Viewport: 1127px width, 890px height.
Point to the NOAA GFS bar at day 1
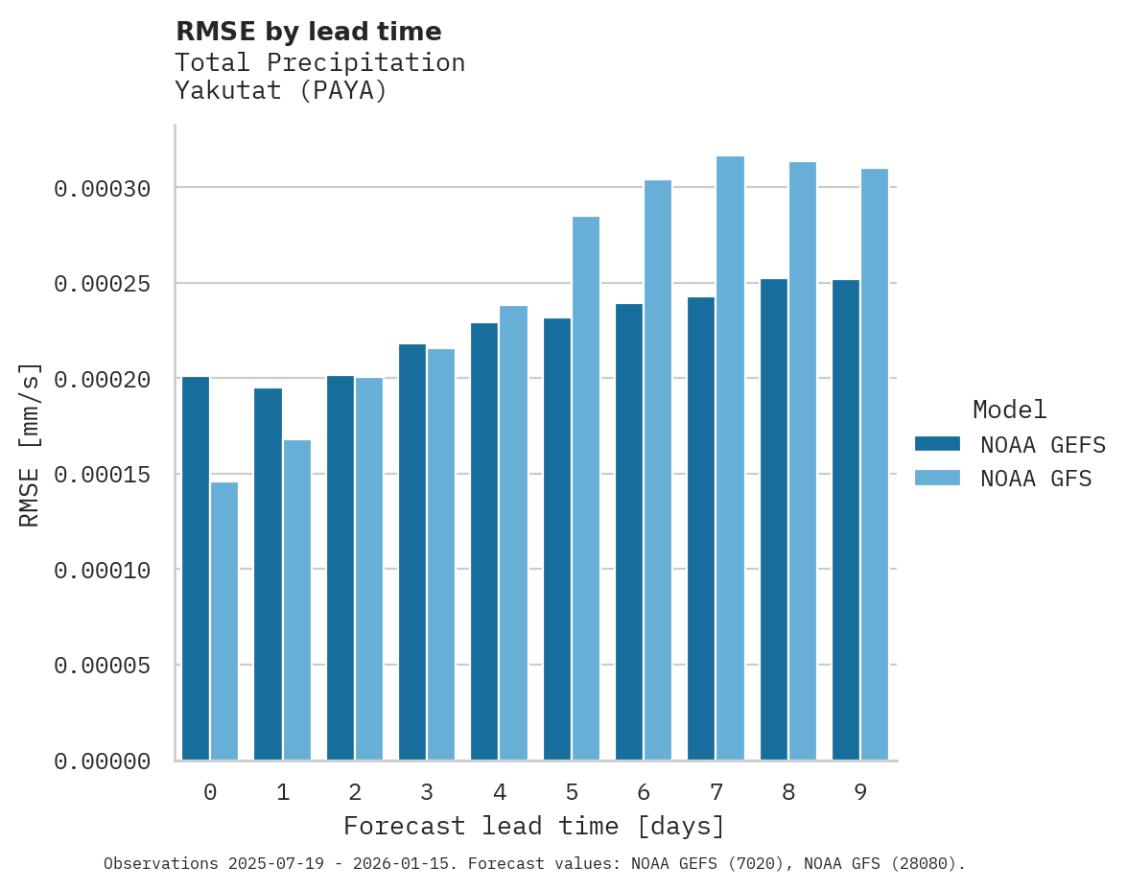pyautogui.click(x=296, y=600)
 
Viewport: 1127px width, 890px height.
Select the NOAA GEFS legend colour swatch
pyautogui.click(x=938, y=443)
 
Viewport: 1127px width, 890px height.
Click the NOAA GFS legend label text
pyautogui.click(x=1036, y=479)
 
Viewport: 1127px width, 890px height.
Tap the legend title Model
pyautogui.click(x=1009, y=410)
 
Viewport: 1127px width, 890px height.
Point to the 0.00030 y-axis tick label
pyautogui.click(x=102, y=189)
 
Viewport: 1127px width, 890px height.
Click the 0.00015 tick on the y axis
pyautogui.click(x=102, y=475)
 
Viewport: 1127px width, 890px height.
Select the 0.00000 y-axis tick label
pyautogui.click(x=102, y=761)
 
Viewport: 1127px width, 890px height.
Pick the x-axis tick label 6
pyautogui.click(x=644, y=792)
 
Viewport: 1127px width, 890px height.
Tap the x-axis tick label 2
pyautogui.click(x=355, y=792)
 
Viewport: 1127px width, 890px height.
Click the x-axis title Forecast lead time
pyautogui.click(x=534, y=826)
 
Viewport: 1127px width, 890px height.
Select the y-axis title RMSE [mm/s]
pyautogui.click(x=30, y=444)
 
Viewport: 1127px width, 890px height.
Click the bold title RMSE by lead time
pyautogui.click(x=309, y=32)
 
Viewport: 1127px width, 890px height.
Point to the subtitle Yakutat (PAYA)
pyautogui.click(x=281, y=91)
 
